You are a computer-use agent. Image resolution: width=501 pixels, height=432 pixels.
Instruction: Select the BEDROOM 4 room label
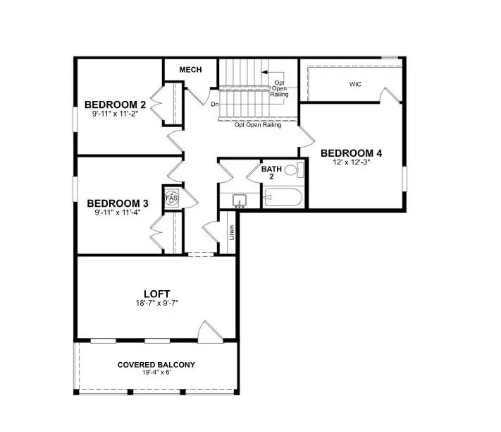pos(352,153)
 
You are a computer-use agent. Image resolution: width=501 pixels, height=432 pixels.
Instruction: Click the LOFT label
pos(156,294)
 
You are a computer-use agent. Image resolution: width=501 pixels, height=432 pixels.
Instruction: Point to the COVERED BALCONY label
pos(156,365)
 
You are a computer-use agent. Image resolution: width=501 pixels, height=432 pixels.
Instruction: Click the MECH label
pos(190,69)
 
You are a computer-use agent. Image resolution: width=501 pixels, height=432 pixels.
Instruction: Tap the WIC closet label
pos(356,84)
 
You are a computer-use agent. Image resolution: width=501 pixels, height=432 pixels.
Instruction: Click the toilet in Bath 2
pos(299,170)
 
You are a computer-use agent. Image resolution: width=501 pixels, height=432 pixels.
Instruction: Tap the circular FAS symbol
pos(171,199)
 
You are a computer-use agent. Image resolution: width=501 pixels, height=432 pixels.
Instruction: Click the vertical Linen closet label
pos(231,232)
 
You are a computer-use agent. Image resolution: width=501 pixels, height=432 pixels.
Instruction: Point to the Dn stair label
pos(215,104)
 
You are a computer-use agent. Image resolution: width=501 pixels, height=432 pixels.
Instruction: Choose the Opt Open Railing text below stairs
pos(258,126)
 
